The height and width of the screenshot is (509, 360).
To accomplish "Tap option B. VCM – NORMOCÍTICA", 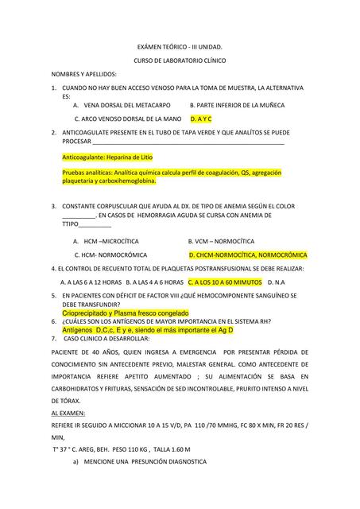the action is click(221, 240).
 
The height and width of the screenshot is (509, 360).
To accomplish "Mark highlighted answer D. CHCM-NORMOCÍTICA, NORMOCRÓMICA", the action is click(247, 255).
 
